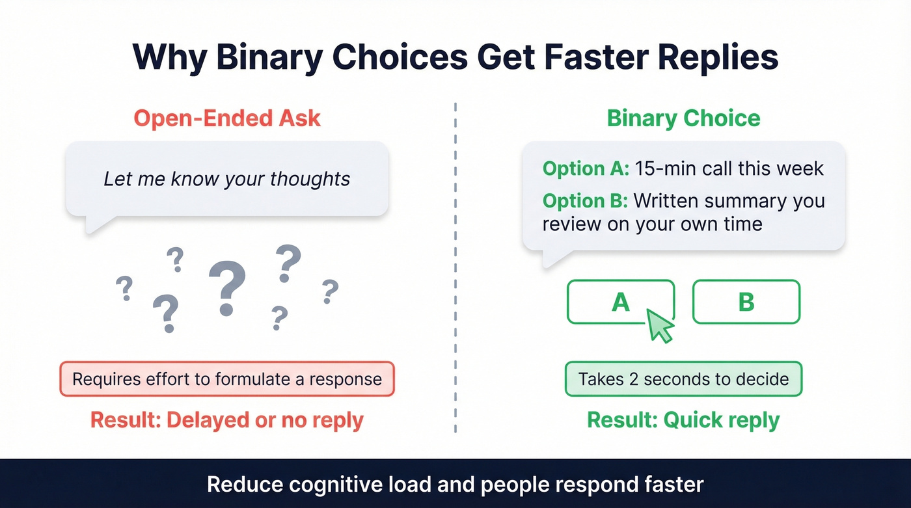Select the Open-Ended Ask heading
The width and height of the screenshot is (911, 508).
click(227, 118)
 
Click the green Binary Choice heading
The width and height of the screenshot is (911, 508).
click(683, 118)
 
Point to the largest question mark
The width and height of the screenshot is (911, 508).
click(226, 289)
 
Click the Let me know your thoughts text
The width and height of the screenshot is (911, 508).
click(227, 179)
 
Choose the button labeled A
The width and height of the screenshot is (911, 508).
click(621, 302)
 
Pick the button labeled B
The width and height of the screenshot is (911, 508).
click(746, 302)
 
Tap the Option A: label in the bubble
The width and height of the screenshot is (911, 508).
click(586, 168)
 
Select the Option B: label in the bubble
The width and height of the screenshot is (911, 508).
click(586, 201)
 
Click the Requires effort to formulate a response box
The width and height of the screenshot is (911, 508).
click(227, 379)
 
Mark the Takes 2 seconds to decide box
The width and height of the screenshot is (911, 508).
click(683, 379)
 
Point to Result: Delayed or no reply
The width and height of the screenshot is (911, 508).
click(227, 420)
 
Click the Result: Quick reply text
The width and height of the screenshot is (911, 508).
click(683, 420)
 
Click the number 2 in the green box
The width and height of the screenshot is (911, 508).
click(634, 379)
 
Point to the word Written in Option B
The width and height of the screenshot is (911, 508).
click(672, 201)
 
